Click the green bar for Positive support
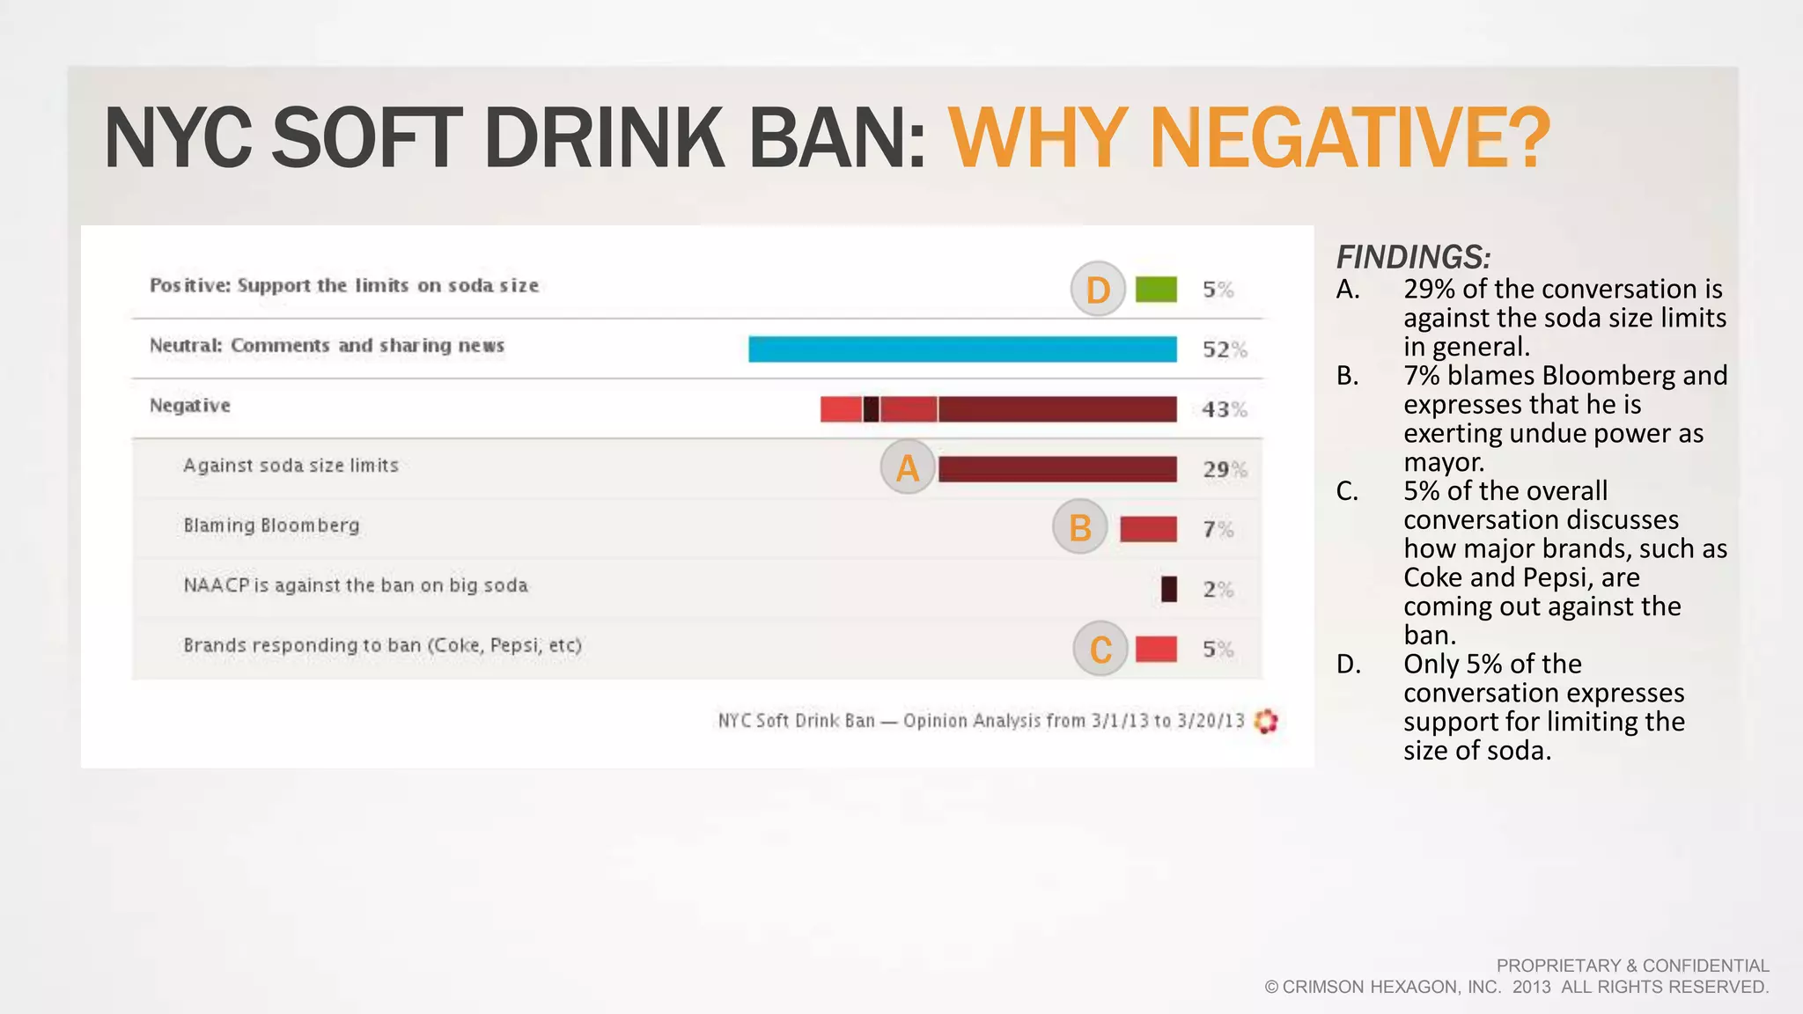tap(1156, 290)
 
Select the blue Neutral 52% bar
tap(962, 349)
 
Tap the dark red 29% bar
tap(1057, 469)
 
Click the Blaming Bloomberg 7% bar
tap(1148, 529)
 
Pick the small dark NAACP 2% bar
tap(1168, 589)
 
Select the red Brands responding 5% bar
tap(1156, 649)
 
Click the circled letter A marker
tap(908, 467)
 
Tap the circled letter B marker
tap(1079, 527)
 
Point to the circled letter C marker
tap(1100, 649)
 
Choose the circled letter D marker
tap(1098, 289)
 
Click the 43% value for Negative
tap(1224, 409)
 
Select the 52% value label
tap(1224, 349)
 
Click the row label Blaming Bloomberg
tap(271, 525)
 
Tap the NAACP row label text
tap(355, 585)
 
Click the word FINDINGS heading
tap(1412, 257)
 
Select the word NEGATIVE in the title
tap(1348, 138)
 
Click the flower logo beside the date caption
tap(1266, 721)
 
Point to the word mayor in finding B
tap(1443, 462)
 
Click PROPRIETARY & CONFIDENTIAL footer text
tap(1632, 966)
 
